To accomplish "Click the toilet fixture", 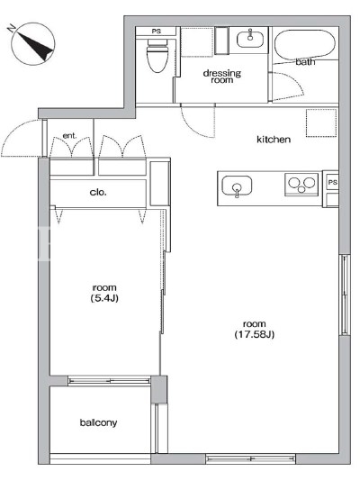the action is point(157,56).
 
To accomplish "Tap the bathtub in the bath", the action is point(305,45).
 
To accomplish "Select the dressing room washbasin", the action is point(250,39).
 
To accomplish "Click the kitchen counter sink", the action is point(237,186).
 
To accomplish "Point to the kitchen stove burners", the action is point(301,185).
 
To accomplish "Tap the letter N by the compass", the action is point(12,29).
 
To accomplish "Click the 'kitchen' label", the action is point(274,140).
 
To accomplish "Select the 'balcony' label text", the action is point(98,422).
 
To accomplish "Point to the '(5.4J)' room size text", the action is point(104,298).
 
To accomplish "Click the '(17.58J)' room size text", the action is point(255,334).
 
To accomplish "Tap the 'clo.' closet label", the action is point(98,192).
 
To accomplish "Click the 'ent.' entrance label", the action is point(69,136).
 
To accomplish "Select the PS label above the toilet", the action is point(157,32).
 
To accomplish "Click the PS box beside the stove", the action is point(332,182).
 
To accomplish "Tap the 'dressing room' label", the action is point(222,77).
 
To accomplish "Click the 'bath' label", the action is point(305,62).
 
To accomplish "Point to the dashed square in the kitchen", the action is point(321,122).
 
